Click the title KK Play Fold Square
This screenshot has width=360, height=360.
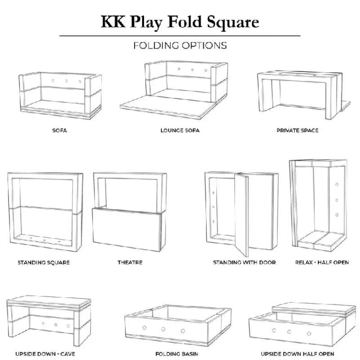(180, 22)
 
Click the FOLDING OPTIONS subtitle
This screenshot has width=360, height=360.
(180, 45)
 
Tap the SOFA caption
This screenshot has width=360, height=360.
(60, 130)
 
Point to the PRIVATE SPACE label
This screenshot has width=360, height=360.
(297, 130)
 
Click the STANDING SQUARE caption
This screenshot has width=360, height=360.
(44, 262)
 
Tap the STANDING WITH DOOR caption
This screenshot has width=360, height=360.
(244, 262)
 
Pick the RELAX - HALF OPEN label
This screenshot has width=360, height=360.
(322, 262)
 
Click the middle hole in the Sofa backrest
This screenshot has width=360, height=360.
(66, 81)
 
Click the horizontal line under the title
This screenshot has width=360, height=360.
(180, 36)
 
